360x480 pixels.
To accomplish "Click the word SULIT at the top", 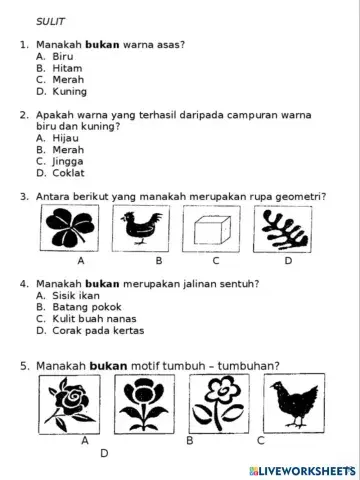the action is pos(50,20).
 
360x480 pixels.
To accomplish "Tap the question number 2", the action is pos(23,115).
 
